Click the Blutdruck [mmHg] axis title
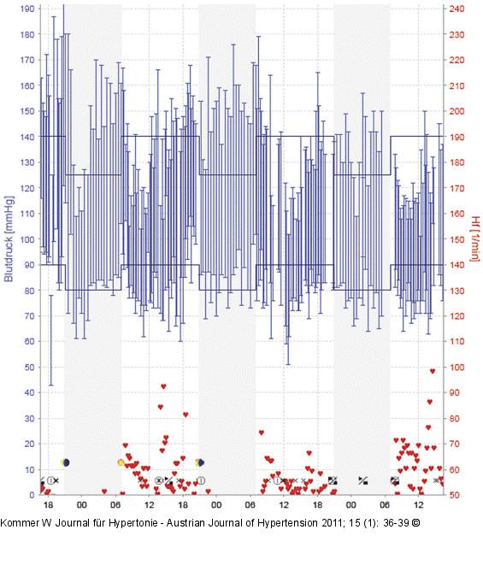tap(9, 238)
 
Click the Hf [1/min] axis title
tap(475, 238)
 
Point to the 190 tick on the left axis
tap(27, 9)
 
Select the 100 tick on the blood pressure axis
tap(27, 239)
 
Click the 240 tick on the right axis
tap(456, 9)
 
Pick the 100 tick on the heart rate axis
tap(456, 368)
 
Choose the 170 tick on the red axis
tap(456, 188)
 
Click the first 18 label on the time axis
tap(48, 504)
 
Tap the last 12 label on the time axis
tap(419, 504)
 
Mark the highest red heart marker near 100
tap(433, 371)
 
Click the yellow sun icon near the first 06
tap(121, 462)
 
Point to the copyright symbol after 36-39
tap(415, 522)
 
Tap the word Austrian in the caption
tap(182, 522)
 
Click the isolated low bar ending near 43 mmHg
tap(51, 340)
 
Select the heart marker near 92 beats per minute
tap(163, 386)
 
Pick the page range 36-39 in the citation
tap(396, 522)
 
